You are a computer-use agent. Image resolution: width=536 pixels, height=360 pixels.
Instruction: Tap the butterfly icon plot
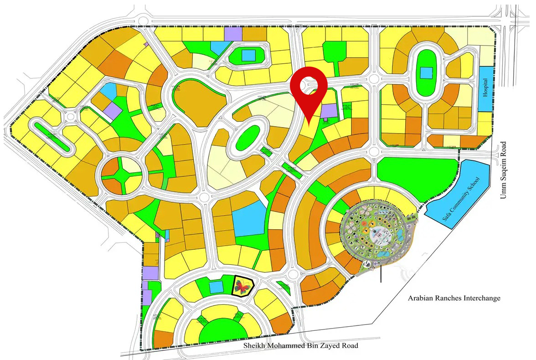pos(242,286)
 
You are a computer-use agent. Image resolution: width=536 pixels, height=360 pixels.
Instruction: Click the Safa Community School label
pos(462,199)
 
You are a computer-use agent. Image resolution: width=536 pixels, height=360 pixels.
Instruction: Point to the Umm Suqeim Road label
pos(503,170)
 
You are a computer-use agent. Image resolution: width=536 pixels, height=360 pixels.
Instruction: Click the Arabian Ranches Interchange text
pos(454,298)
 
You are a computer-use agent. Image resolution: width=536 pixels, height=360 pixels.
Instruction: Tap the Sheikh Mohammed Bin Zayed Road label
pos(300,345)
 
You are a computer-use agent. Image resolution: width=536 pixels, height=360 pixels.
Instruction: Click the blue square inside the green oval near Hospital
pos(426,73)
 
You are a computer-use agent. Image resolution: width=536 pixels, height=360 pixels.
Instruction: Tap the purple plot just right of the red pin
pos(328,111)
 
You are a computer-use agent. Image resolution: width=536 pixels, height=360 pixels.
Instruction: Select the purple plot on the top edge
pos(233,33)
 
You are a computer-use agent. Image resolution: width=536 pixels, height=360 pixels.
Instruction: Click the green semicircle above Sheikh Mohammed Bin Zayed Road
pos(223,330)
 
